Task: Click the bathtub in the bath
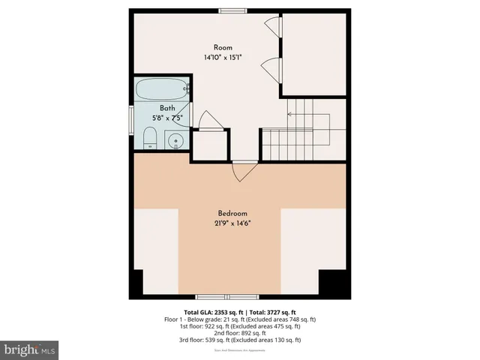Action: pyautogui.click(x=160, y=91)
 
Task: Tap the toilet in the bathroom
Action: pyautogui.click(x=149, y=138)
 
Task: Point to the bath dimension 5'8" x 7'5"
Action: pyautogui.click(x=167, y=118)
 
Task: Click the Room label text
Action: pyautogui.click(x=223, y=46)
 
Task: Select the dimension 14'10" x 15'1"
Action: pyautogui.click(x=223, y=57)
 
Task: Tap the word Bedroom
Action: pyautogui.click(x=232, y=213)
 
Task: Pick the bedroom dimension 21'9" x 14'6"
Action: pyautogui.click(x=232, y=223)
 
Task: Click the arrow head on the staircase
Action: pyautogui.click(x=290, y=114)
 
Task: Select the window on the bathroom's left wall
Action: pyautogui.click(x=133, y=118)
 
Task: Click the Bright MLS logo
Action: pyautogui.click(x=30, y=349)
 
